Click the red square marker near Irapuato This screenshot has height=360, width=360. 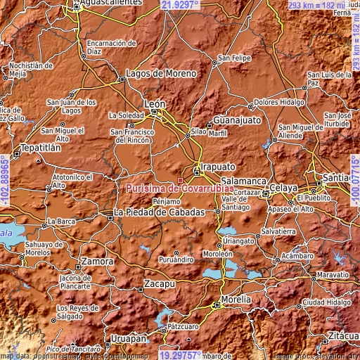pyautogui.click(x=180, y=180)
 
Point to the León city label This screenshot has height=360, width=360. pyautogui.click(x=155, y=103)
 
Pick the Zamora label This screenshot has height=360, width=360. pyautogui.click(x=97, y=261)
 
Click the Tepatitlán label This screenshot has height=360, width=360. pyautogui.click(x=28, y=150)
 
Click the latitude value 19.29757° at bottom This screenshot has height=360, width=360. pyautogui.click(x=181, y=355)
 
